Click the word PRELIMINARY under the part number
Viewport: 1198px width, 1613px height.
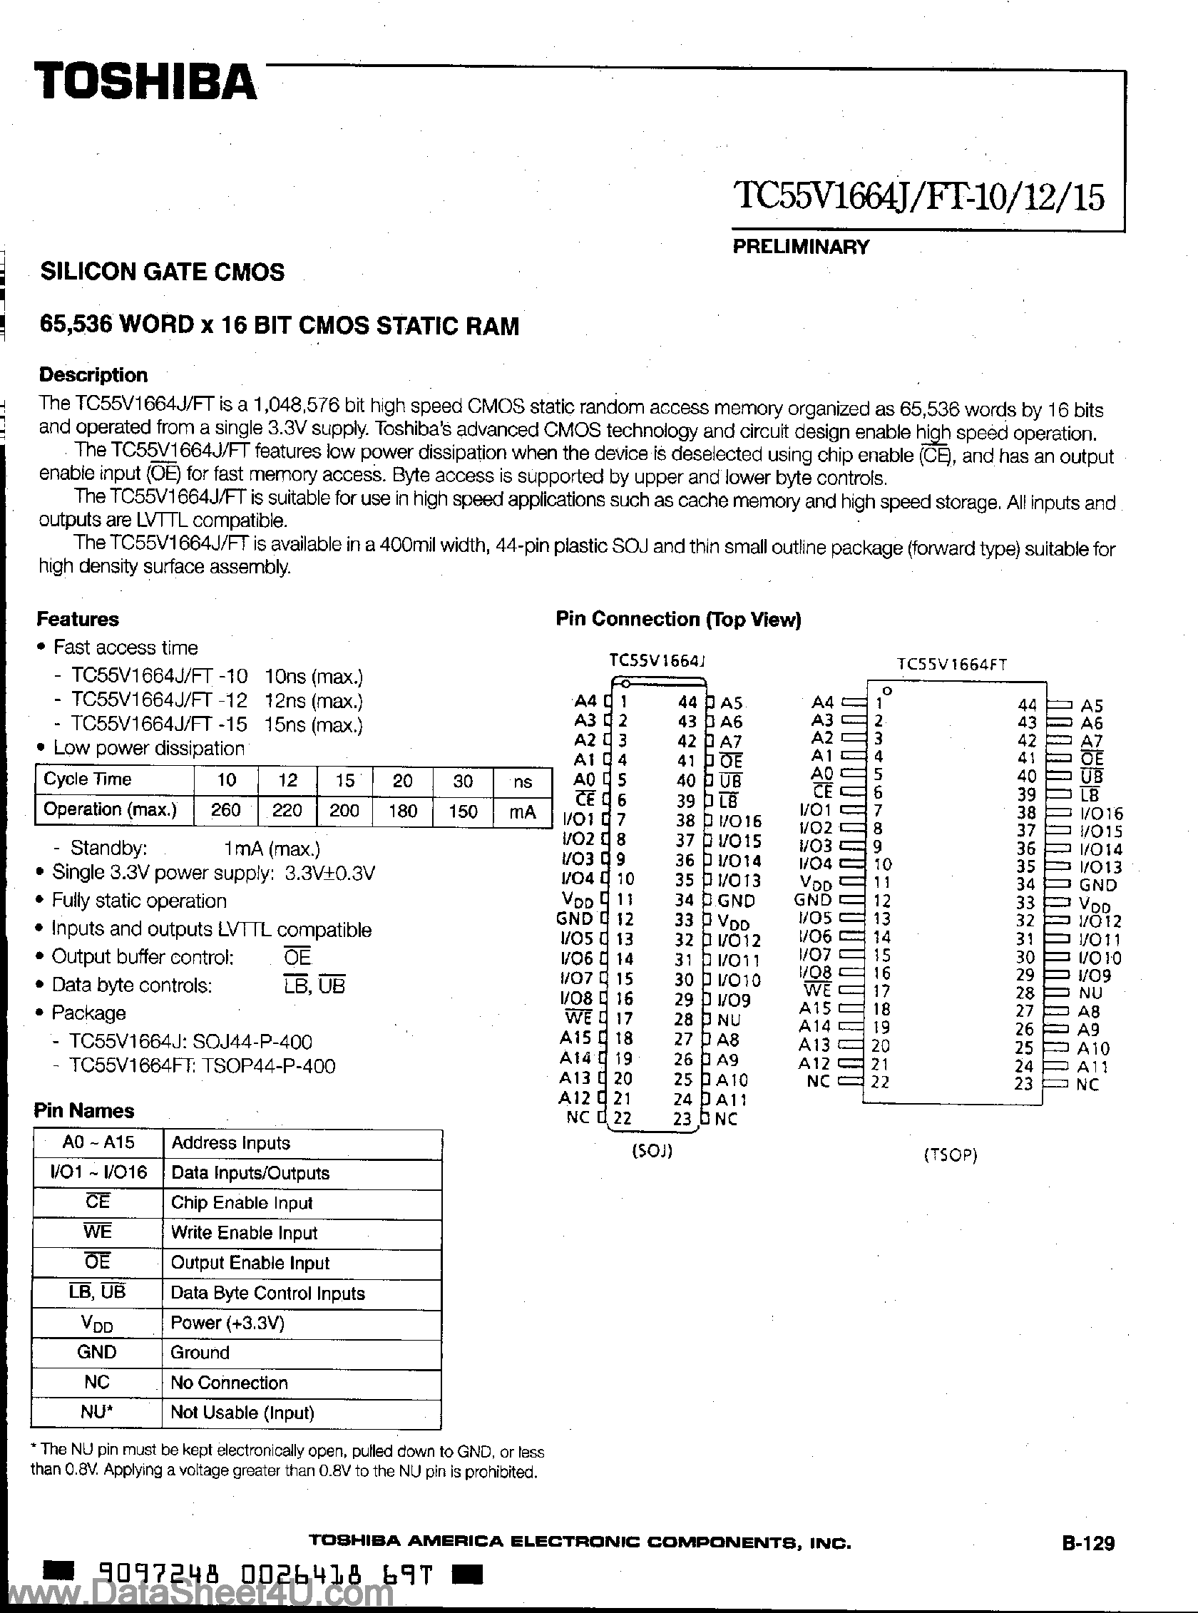click(800, 247)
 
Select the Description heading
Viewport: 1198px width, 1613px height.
click(93, 375)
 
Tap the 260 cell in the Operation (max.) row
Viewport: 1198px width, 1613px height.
click(225, 810)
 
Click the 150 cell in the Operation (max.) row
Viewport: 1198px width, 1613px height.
click(462, 810)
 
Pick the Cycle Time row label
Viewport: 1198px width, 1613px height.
click(88, 779)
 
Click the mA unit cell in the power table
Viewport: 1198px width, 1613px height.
click(522, 811)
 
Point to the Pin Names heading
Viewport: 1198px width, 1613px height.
click(83, 1110)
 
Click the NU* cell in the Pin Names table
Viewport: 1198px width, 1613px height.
click(96, 1412)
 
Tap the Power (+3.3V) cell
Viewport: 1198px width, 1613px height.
click(227, 1323)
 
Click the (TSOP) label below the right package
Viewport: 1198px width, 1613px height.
click(950, 1154)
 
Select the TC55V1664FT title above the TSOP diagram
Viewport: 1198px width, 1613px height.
click(951, 665)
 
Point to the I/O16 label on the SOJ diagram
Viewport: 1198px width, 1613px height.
click(739, 821)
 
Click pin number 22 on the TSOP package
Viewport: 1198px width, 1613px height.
click(880, 1081)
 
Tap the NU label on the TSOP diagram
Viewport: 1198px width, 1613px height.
click(1090, 993)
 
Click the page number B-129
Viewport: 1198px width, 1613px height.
click(1087, 1562)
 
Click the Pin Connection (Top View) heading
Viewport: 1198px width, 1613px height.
click(678, 619)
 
